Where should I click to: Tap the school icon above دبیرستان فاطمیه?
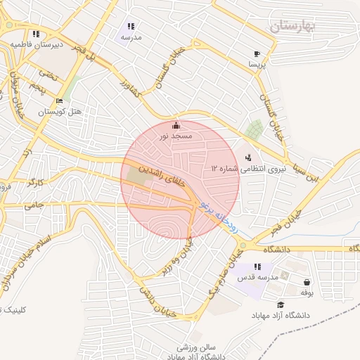tap(35, 34)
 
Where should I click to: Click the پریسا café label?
tap(256, 63)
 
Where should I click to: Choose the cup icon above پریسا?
tap(257, 53)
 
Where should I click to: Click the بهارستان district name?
tap(294, 25)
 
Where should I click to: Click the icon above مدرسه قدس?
tap(257, 266)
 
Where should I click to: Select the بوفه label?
tap(306, 291)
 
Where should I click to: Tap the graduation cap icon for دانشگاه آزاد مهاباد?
tap(281, 305)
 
